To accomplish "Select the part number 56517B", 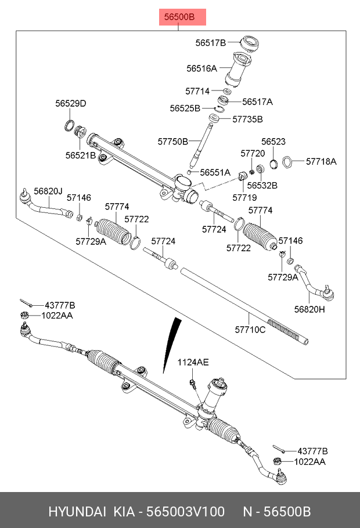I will click(210, 42).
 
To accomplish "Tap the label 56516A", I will click(201, 68).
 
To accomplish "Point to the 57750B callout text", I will click(173, 141).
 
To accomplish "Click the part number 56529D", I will click(71, 104).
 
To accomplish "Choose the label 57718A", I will click(321, 161).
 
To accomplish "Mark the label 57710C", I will click(250, 330).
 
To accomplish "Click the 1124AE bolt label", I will click(193, 362).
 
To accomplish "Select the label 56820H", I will click(309, 309).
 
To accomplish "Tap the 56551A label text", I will click(215, 172).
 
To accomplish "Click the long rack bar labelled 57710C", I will click(244, 308).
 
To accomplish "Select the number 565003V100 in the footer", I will click(185, 512).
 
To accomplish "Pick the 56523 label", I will click(273, 141).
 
